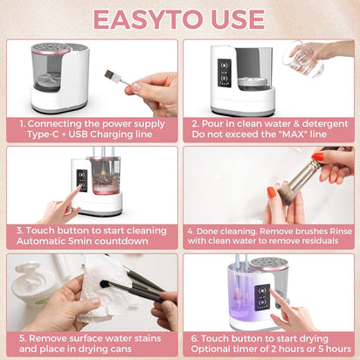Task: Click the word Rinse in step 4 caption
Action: pyautogui.click(x=334, y=231)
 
